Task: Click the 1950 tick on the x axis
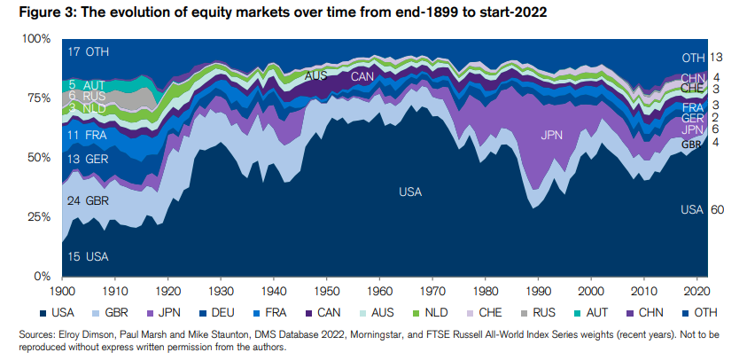coord(328,290)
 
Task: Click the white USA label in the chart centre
coord(410,192)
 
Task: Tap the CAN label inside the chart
coord(362,77)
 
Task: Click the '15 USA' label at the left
coord(88,256)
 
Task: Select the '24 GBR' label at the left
coord(88,201)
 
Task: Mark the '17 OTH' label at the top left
coord(88,52)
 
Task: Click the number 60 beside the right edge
coord(718,210)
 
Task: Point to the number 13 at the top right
coord(718,58)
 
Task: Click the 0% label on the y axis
coord(43,277)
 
